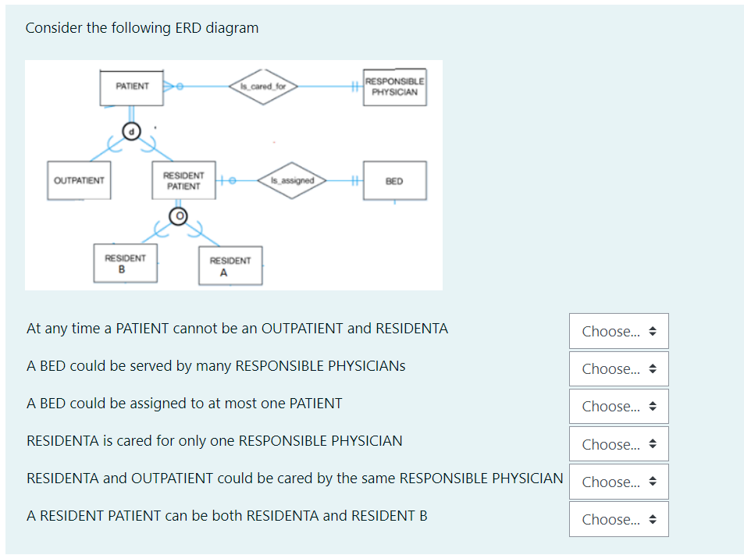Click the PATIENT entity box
131,87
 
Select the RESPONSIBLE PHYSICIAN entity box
394,87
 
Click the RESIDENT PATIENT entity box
183,181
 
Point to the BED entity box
394,181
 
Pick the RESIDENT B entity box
125,264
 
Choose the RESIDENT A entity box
230,266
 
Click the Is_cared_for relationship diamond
263,87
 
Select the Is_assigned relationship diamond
292,181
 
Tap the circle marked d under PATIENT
132,133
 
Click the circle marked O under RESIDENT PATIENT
179,215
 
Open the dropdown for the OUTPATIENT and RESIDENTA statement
618,331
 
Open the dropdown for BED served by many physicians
618,368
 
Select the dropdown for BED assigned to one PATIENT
618,406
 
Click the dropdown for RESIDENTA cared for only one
618,444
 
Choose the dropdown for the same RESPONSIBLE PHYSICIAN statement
618,482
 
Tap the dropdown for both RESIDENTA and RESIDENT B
618,519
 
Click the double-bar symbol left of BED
354,181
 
